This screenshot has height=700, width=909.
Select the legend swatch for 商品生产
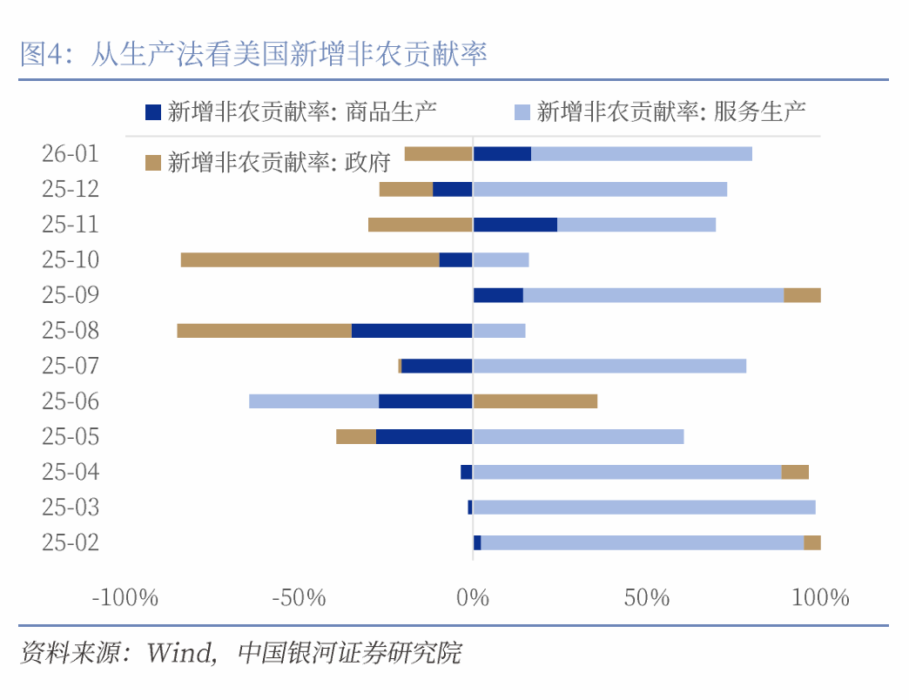153,111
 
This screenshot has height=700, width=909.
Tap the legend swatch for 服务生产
522,111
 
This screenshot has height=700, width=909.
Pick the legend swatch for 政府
153,162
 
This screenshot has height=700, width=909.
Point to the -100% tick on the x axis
125,598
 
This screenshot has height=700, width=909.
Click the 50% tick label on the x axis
646,598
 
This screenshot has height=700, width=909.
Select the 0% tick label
473,598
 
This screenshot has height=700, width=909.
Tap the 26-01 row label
71,154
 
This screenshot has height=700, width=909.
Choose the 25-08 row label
71,331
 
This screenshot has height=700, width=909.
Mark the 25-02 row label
71,542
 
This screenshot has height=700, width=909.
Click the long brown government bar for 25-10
310,259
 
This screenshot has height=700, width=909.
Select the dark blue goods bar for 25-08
412,331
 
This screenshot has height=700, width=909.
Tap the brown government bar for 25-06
535,401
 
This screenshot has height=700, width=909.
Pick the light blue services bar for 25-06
313,401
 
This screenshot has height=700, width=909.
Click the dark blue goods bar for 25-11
515,225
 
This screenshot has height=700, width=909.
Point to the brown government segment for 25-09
802,295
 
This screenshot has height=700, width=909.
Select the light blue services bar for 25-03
644,508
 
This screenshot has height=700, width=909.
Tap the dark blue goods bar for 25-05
424,436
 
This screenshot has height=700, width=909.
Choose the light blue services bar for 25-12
599,189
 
